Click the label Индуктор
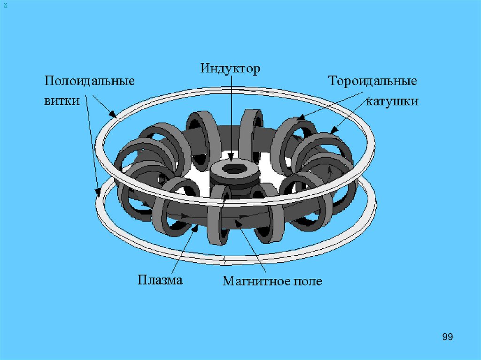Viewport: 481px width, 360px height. click(230, 69)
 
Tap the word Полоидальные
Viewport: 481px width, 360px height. click(90, 81)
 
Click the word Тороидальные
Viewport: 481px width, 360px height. click(373, 81)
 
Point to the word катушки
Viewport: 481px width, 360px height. click(392, 101)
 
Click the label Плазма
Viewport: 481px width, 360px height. click(160, 280)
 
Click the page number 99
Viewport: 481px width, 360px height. click(448, 337)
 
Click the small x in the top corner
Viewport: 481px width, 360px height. click(5, 4)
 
